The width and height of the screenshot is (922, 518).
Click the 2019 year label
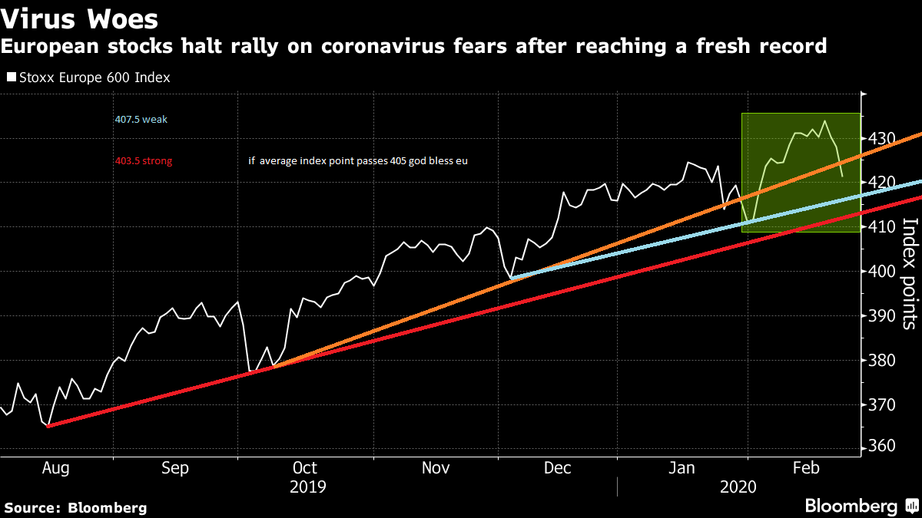pos(307,487)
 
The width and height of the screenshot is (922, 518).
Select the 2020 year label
pos(738,487)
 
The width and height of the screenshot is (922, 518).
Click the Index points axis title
pos(910,273)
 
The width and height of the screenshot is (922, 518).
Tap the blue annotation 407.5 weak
pos(141,120)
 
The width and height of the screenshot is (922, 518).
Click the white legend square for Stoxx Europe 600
pos(11,78)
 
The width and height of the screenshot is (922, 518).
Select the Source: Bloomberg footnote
pos(75,507)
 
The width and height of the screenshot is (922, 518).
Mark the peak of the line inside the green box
pos(824,121)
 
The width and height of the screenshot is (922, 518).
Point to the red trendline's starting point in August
pos(48,426)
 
